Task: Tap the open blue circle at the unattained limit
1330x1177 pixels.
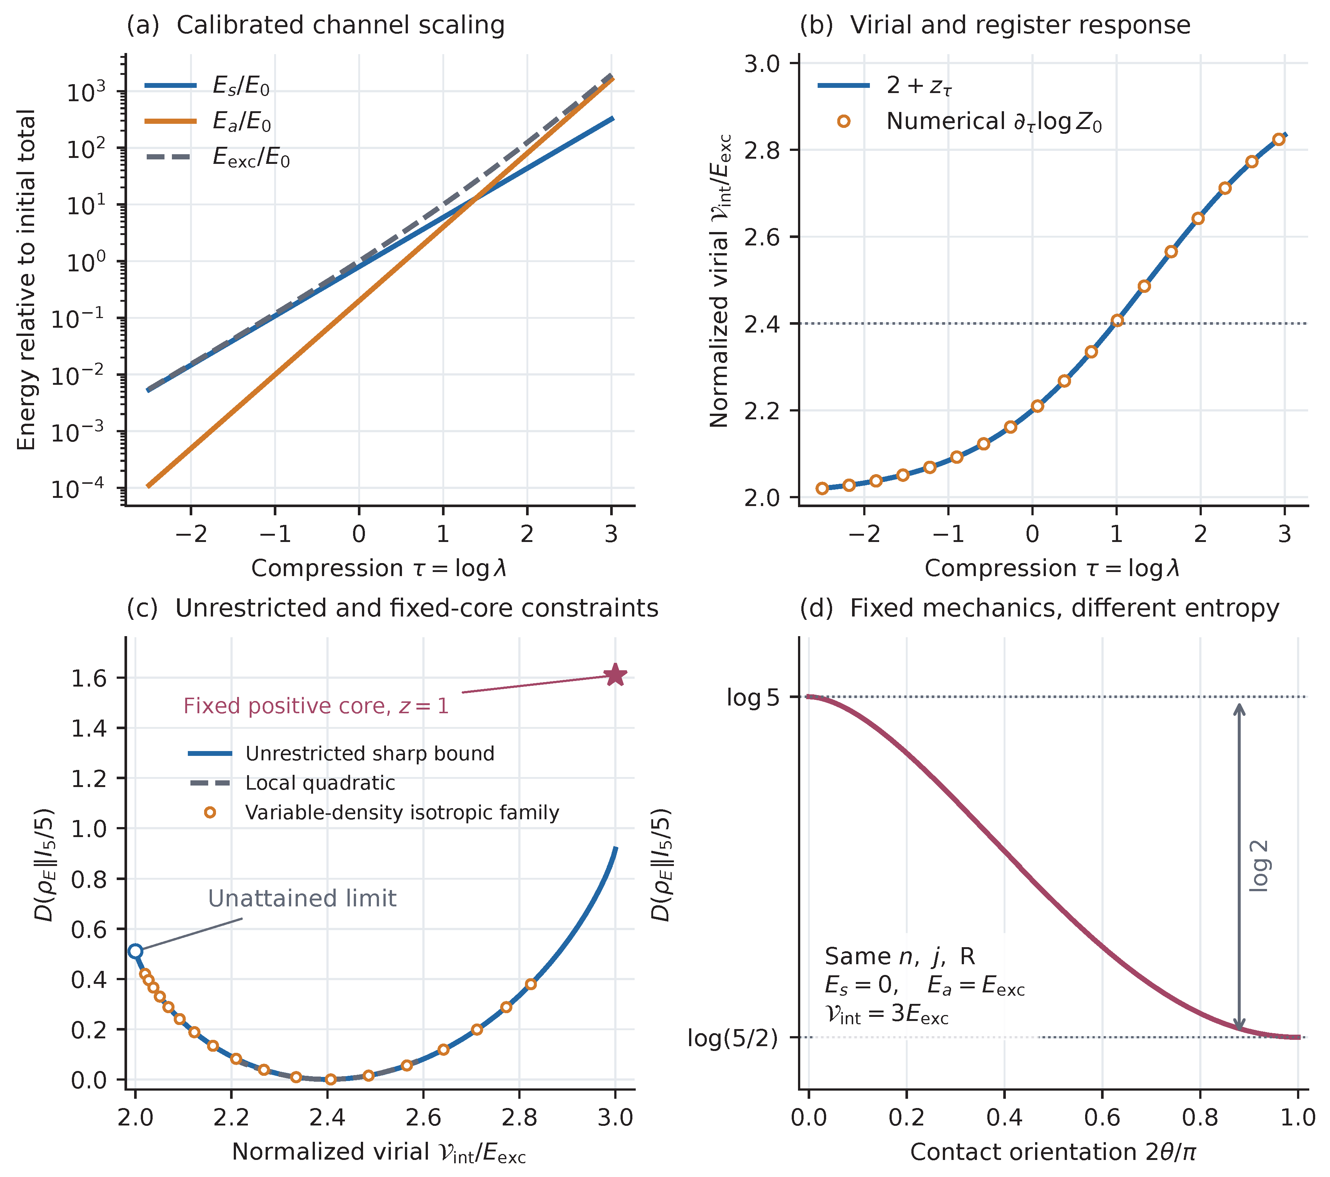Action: [135, 951]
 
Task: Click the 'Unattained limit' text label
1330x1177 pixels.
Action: [302, 898]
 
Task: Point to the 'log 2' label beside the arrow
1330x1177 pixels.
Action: [1259, 866]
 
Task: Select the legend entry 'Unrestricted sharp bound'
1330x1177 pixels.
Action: [342, 753]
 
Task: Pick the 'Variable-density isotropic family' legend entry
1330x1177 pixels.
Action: [374, 813]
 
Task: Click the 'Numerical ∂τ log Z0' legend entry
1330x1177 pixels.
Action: [970, 122]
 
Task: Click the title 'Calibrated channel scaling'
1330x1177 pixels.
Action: [340, 25]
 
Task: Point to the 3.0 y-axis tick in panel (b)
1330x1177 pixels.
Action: [762, 63]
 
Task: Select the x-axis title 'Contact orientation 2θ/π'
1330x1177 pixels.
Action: [1053, 1152]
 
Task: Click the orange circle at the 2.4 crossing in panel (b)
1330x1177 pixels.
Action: [1117, 320]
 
